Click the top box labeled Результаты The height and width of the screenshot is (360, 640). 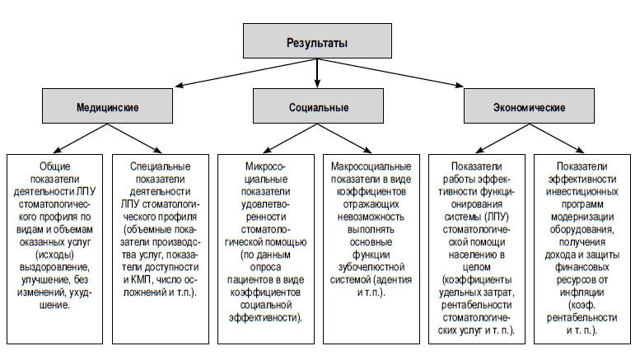point(317,40)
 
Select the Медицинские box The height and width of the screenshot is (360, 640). point(107,105)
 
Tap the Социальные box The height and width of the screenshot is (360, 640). point(318,105)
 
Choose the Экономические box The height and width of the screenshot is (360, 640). point(529,105)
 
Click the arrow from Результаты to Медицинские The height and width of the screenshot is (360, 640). point(246,72)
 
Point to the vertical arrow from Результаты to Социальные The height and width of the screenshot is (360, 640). point(317,73)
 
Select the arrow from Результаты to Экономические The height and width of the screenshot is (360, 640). point(390,72)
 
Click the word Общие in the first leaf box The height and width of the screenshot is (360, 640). point(54,166)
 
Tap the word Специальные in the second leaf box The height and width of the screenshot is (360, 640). point(160,166)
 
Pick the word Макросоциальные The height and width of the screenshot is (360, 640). point(371,166)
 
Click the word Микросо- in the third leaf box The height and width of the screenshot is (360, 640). point(265,166)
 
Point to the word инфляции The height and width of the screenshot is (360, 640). point(582,292)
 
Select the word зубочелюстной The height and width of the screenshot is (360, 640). point(371,268)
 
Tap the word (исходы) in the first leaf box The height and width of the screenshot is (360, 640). point(54,255)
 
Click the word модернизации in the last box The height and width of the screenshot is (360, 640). point(582,217)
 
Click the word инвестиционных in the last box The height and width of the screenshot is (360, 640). point(582,192)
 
